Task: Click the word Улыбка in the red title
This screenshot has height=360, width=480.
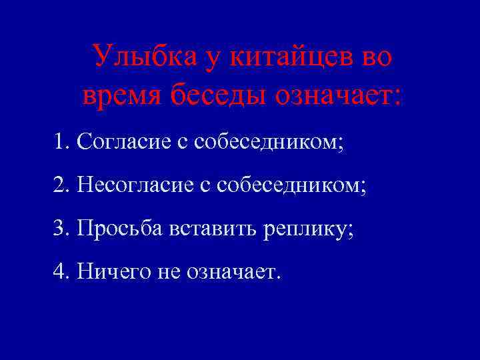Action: pyautogui.click(x=137, y=57)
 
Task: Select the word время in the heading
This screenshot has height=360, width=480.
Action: pyautogui.click(x=121, y=97)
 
